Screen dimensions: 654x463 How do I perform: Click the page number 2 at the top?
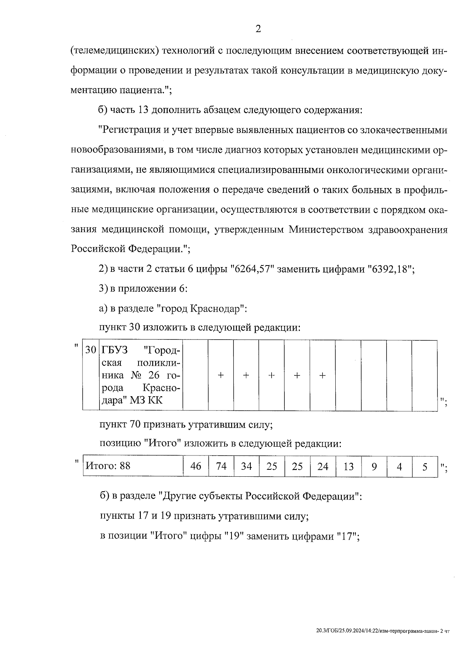(258, 29)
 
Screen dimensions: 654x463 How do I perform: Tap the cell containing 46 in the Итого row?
(196, 466)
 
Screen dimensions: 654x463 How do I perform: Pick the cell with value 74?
(221, 466)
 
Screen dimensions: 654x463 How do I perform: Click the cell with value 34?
(246, 466)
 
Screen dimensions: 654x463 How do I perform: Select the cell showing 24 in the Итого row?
(323, 466)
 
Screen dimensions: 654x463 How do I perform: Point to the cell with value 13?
(348, 466)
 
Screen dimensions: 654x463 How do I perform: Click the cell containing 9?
(373, 466)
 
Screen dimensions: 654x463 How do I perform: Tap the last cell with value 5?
(424, 466)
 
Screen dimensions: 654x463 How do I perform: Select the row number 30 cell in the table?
(91, 350)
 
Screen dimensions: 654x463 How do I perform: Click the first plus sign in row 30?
(221, 375)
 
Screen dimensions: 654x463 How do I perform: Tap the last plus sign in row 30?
(323, 375)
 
